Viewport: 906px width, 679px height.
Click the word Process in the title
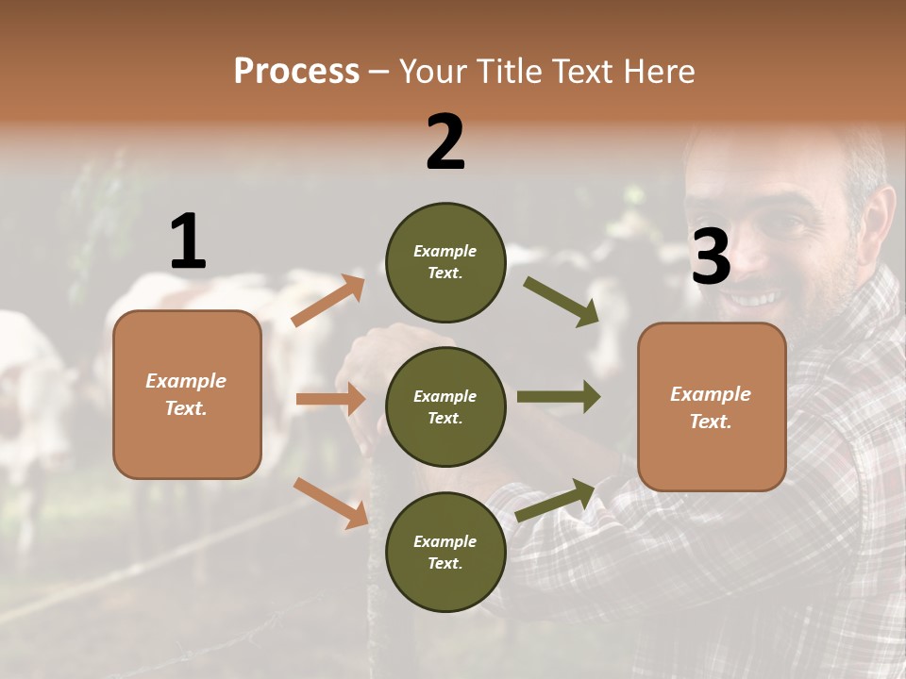click(296, 72)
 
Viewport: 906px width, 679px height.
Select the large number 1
click(188, 242)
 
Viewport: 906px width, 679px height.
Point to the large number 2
click(445, 142)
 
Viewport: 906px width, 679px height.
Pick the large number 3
click(711, 257)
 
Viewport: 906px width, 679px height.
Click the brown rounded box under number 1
click(187, 394)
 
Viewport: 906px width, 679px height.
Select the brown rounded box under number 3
click(712, 406)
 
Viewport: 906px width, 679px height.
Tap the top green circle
click(445, 262)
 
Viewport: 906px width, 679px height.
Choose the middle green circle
click(445, 406)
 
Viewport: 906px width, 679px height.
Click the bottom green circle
click(445, 552)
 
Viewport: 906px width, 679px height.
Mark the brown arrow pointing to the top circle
click(328, 301)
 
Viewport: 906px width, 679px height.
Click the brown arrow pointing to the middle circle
click(330, 399)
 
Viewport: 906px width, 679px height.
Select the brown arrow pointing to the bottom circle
click(330, 502)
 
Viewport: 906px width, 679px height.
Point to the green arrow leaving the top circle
click(562, 302)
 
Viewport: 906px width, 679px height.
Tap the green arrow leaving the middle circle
click(559, 397)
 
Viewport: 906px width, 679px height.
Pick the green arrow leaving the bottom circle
click(556, 500)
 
